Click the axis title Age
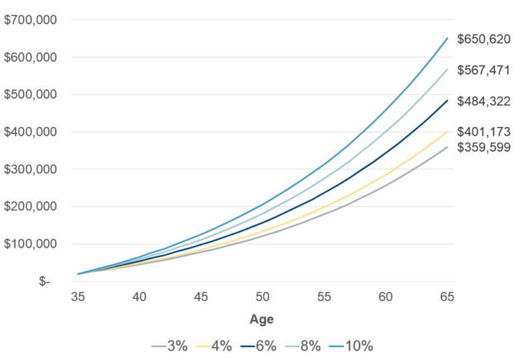click(262, 319)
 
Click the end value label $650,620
click(484, 39)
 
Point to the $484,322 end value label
click(484, 102)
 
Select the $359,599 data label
click(484, 148)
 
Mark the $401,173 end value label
click(484, 132)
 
